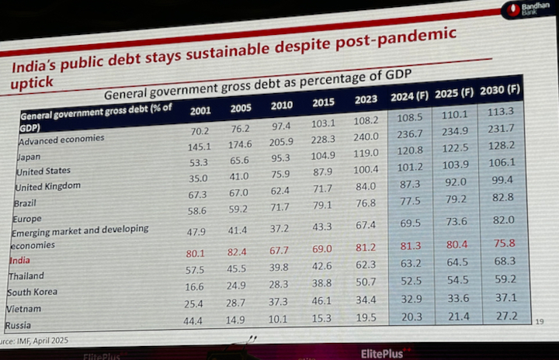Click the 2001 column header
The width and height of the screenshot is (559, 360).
200,110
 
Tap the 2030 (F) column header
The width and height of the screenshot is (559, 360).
500,91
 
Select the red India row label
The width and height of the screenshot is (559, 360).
19,260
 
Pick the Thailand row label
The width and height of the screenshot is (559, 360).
26,276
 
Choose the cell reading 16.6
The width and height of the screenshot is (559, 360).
200,286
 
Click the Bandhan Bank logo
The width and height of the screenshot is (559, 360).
522,11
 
